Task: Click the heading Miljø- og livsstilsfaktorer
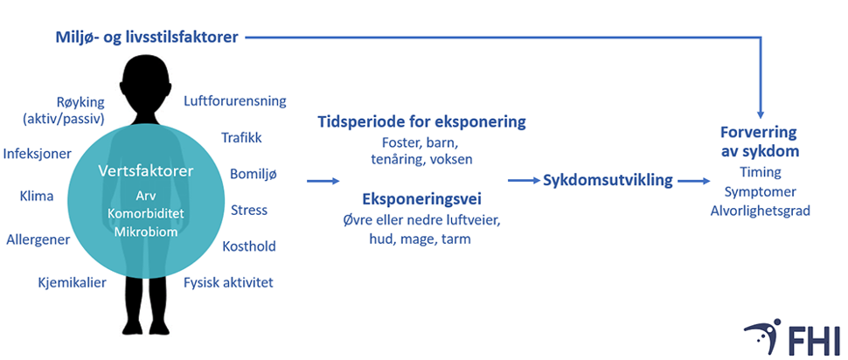147,38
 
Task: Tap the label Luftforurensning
235,101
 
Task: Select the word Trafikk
242,138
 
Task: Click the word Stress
249,210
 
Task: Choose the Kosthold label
249,246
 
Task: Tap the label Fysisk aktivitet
229,283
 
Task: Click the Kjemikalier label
72,283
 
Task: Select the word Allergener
38,239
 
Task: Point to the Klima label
37,197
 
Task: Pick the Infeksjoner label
38,154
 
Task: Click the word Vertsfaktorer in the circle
146,171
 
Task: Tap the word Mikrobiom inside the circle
146,232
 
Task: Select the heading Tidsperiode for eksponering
421,122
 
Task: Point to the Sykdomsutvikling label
608,181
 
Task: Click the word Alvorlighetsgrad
761,211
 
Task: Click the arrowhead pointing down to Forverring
761,114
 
